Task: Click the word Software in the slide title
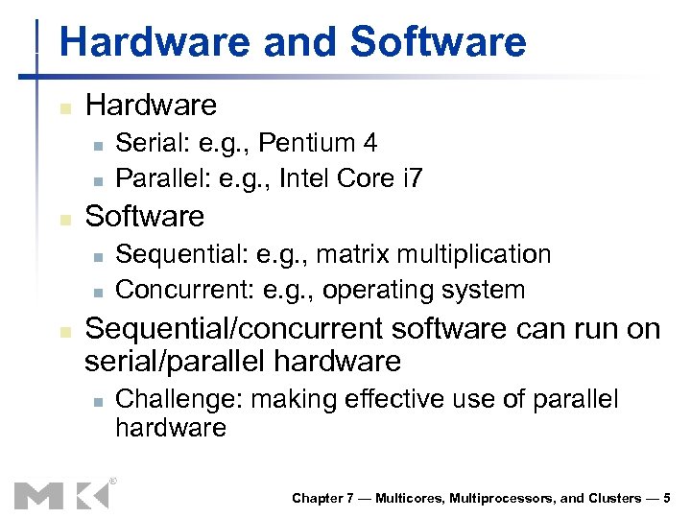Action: [439, 43]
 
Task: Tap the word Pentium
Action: [308, 144]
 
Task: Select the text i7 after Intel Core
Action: [410, 178]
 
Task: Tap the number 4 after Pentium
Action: [369, 144]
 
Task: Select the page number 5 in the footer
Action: [667, 498]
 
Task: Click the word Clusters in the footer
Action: [615, 498]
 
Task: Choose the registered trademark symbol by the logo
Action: [112, 481]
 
